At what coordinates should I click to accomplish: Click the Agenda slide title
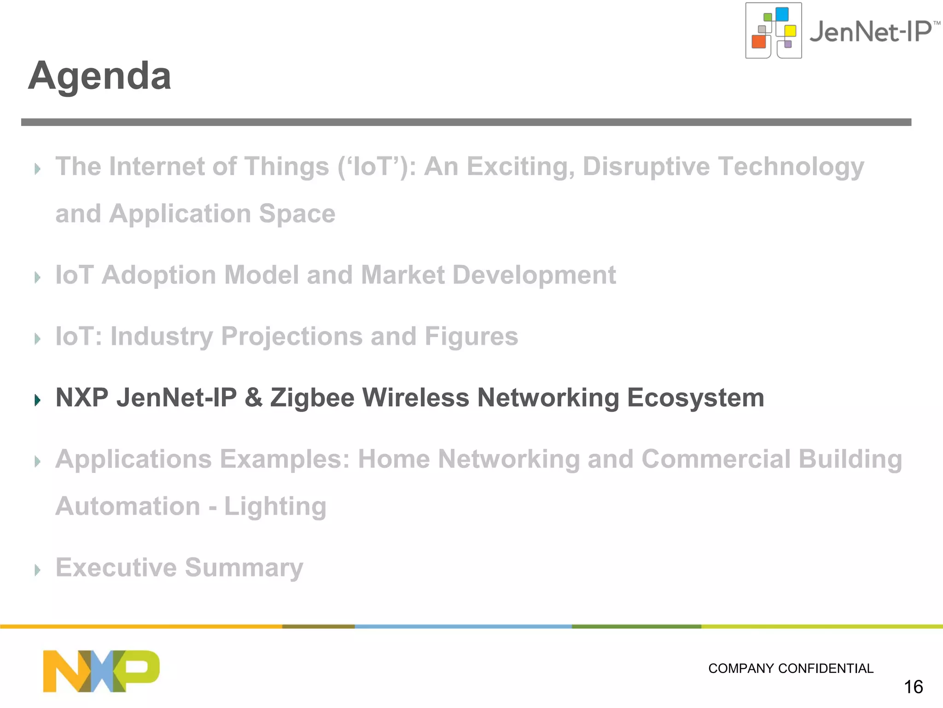pyautogui.click(x=99, y=76)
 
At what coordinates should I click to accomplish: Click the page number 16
pyautogui.click(x=913, y=687)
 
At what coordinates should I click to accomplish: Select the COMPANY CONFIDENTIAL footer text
pyautogui.click(x=791, y=668)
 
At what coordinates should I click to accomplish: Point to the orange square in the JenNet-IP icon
pyautogui.click(x=758, y=42)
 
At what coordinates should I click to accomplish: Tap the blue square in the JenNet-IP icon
pyautogui.click(x=782, y=14)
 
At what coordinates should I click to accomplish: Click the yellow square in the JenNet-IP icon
pyautogui.click(x=790, y=31)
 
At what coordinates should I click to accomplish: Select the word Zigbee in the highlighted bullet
pyautogui.click(x=312, y=398)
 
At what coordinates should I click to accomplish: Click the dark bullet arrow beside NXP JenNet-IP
pyautogui.click(x=38, y=400)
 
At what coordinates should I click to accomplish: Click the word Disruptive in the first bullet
pyautogui.click(x=646, y=166)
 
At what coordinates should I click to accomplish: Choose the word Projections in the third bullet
pyautogui.click(x=292, y=336)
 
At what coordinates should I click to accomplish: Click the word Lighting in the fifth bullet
pyautogui.click(x=275, y=507)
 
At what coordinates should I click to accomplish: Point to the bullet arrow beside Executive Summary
pyautogui.click(x=38, y=570)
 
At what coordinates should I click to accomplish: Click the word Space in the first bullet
pyautogui.click(x=297, y=214)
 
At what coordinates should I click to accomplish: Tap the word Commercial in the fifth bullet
pyautogui.click(x=716, y=459)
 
